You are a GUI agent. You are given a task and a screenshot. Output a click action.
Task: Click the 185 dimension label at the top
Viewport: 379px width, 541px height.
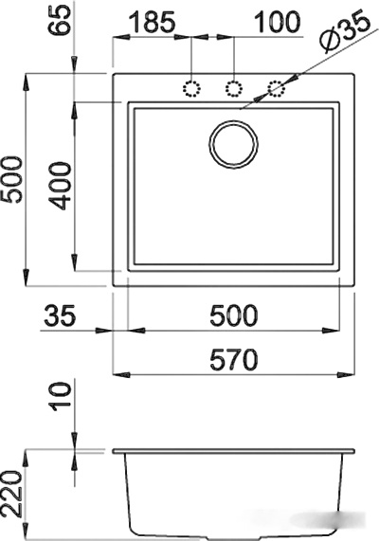pyautogui.click(x=152, y=22)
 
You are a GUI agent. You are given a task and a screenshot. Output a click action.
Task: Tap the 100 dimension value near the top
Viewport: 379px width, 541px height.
pyautogui.click(x=278, y=22)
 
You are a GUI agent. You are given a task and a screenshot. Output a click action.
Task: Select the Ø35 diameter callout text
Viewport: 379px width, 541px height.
pyautogui.click(x=345, y=31)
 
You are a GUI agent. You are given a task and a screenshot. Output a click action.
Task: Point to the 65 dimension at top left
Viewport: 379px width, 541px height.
pyautogui.click(x=61, y=20)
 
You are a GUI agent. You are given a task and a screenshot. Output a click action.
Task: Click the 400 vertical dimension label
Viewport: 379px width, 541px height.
pyautogui.click(x=61, y=187)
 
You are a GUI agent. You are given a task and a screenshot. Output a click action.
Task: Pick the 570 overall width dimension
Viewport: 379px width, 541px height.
pyautogui.click(x=234, y=359)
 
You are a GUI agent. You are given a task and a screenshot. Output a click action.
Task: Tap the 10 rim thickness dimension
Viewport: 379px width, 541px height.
pyautogui.click(x=61, y=396)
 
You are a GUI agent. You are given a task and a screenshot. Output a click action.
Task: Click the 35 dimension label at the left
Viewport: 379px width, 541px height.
pyautogui.click(x=60, y=316)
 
